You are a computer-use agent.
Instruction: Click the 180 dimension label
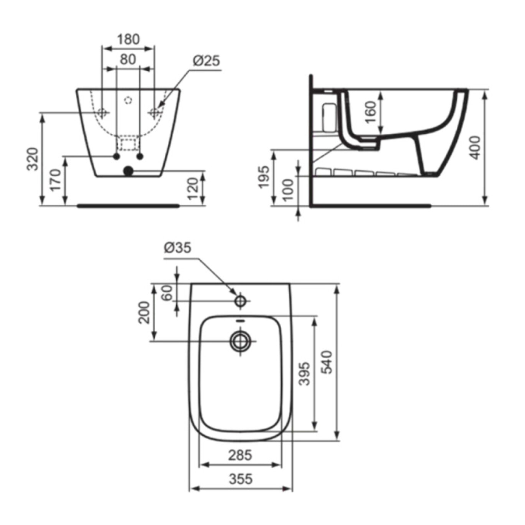pos(128,39)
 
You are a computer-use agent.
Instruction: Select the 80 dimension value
pos(128,59)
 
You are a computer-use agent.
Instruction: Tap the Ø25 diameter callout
pos(206,61)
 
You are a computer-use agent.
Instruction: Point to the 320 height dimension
pos(33,158)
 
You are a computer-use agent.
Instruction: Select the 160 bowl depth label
pos(370,112)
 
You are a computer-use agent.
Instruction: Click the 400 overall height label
pos(475,147)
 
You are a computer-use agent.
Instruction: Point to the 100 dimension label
pos(288,190)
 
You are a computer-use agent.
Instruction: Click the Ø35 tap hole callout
pos(177,248)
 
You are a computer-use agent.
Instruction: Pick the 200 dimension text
pos(144,312)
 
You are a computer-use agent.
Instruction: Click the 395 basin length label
pos(304,373)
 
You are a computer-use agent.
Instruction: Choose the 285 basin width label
pos(240,455)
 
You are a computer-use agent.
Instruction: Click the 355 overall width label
pos(241,479)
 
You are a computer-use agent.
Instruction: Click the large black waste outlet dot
pos(128,171)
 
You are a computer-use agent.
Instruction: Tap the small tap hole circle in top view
pos(241,301)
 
